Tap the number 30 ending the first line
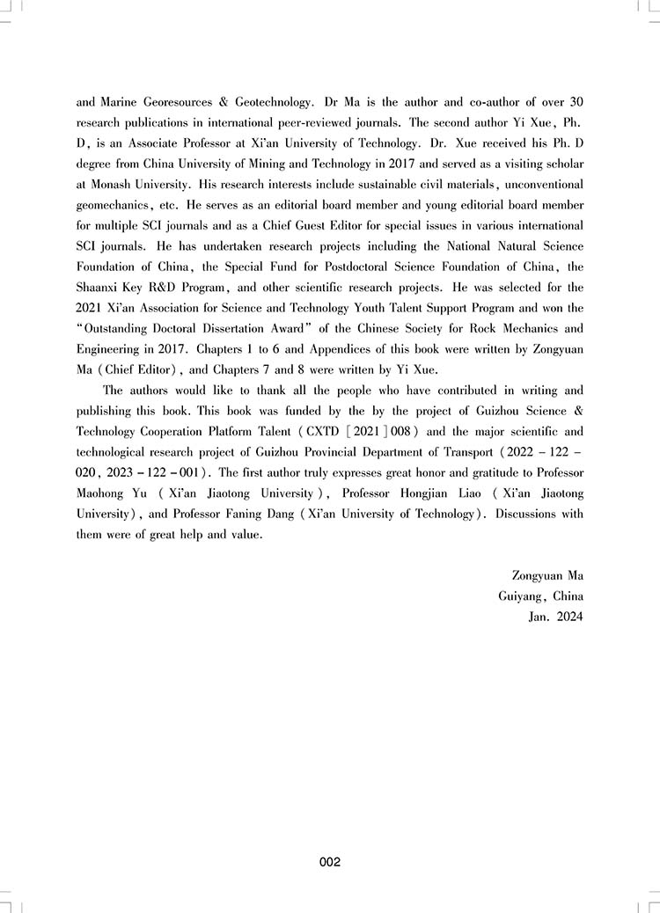coord(575,101)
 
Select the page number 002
coord(330,863)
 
